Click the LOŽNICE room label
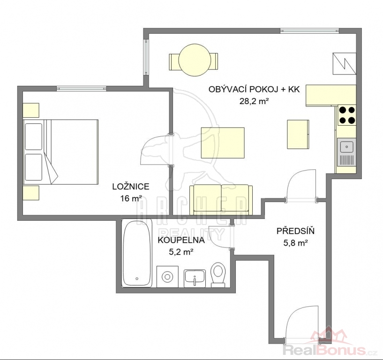(x=131, y=187)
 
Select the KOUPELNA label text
(x=181, y=240)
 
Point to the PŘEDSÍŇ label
(x=295, y=231)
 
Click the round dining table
(x=194, y=60)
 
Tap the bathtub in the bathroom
(x=137, y=253)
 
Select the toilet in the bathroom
(x=218, y=275)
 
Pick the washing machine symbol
(x=167, y=277)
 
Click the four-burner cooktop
(x=347, y=115)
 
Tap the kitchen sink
(x=346, y=152)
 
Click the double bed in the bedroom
(x=60, y=152)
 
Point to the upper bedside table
(x=31, y=110)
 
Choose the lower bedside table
(x=31, y=193)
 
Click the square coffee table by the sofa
(x=223, y=143)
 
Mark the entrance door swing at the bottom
(x=302, y=322)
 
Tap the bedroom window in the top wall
(x=82, y=89)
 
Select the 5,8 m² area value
(x=295, y=243)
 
